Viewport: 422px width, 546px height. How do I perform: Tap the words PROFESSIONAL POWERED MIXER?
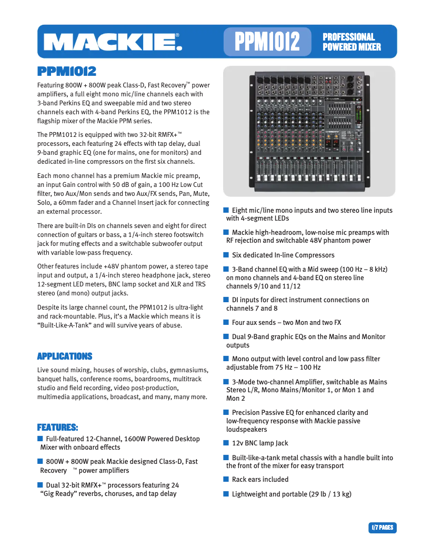351,42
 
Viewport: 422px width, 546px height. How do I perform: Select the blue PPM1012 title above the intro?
66,71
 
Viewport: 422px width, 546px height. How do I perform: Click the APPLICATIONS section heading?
65,356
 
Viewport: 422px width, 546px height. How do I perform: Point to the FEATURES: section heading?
57,426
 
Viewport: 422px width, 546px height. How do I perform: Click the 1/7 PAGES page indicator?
382,527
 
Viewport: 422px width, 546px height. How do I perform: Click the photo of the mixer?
309,131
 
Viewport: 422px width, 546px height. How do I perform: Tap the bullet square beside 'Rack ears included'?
226,479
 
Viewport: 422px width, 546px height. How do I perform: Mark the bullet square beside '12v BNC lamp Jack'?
226,443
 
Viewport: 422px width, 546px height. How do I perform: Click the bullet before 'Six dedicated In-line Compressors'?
226,255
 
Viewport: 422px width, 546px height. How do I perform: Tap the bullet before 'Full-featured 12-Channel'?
40,439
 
